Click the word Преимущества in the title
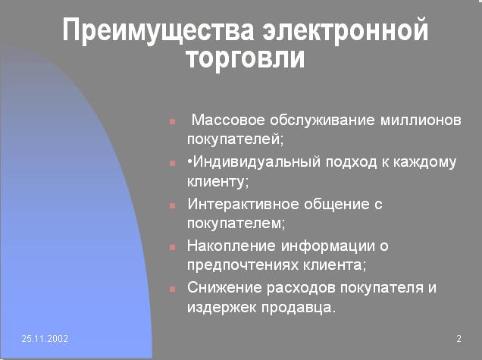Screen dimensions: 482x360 pyautogui.click(x=158, y=31)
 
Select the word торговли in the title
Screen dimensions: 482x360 pyautogui.click(x=246, y=58)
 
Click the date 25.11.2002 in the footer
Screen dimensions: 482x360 pyautogui.click(x=45, y=339)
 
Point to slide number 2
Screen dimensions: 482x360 pyautogui.click(x=459, y=339)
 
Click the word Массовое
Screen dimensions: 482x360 pyautogui.click(x=228, y=120)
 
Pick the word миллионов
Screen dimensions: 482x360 pyautogui.click(x=421, y=120)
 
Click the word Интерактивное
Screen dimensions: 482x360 pyautogui.click(x=243, y=204)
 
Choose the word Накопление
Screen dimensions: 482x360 pyautogui.click(x=232, y=246)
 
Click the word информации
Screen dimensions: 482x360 pyautogui.click(x=328, y=246)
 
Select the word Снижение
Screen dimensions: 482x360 pyautogui.click(x=224, y=287)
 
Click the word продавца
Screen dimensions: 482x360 pyautogui.click(x=299, y=308)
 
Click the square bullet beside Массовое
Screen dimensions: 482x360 pyautogui.click(x=173, y=121)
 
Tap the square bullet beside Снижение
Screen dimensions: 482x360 pyautogui.click(x=173, y=289)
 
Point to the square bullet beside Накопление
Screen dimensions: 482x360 pyautogui.click(x=173, y=247)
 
